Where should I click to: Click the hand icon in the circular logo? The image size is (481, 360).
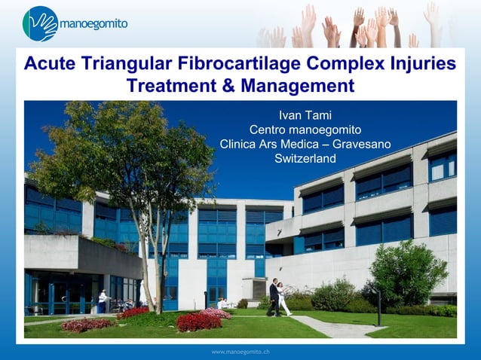point(40,23)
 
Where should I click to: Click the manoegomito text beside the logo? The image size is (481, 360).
point(93,24)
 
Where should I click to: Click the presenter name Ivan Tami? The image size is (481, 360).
point(305,115)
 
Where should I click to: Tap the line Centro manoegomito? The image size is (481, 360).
point(305,130)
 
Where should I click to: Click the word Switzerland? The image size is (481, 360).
point(305,158)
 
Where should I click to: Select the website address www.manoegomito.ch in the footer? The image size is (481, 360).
point(240,352)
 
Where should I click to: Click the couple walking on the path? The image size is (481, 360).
point(277,298)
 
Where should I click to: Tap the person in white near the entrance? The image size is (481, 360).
point(101,301)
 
